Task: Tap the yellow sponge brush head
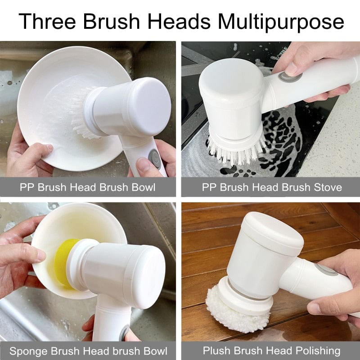(x=63, y=263)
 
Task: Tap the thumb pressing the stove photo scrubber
(x=292, y=67)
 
